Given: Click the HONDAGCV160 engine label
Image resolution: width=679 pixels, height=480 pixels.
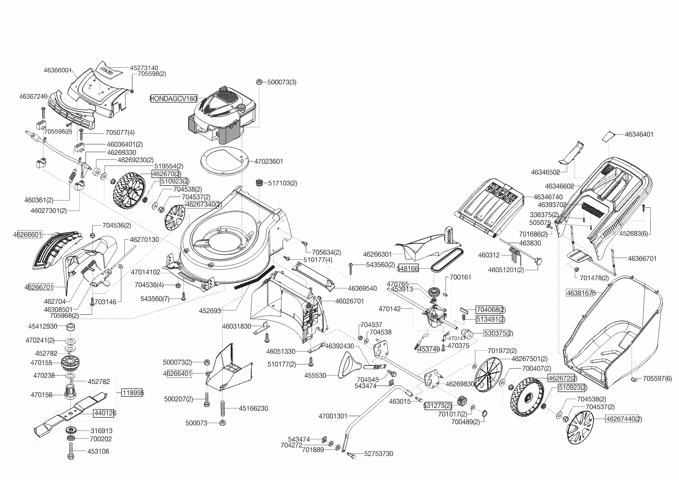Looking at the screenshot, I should tap(173, 99).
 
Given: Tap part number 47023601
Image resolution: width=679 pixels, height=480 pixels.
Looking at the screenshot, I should tap(269, 161).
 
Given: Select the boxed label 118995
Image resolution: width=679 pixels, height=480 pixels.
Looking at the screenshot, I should tap(133, 393).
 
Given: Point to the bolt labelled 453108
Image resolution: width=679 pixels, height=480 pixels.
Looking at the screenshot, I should tap(71, 451).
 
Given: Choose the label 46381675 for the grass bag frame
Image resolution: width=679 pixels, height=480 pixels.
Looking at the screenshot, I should tap(581, 293).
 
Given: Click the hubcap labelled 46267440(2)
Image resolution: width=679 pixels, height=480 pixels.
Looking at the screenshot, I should tap(580, 427).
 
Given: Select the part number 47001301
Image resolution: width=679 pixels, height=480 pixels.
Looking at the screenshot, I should tap(333, 416).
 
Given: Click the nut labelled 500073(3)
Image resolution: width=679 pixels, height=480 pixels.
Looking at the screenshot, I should tap(260, 82).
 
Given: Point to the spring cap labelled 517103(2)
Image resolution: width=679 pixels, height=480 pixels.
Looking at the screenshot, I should tap(259, 183).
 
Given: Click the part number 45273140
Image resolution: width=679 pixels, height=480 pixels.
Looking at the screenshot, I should tap(144, 68).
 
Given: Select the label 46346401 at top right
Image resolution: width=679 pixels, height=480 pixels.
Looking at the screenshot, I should tap(639, 134).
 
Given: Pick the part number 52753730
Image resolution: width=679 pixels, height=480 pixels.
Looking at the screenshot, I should tap(379, 454).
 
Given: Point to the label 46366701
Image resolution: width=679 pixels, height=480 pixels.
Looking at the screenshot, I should tap(642, 258).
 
